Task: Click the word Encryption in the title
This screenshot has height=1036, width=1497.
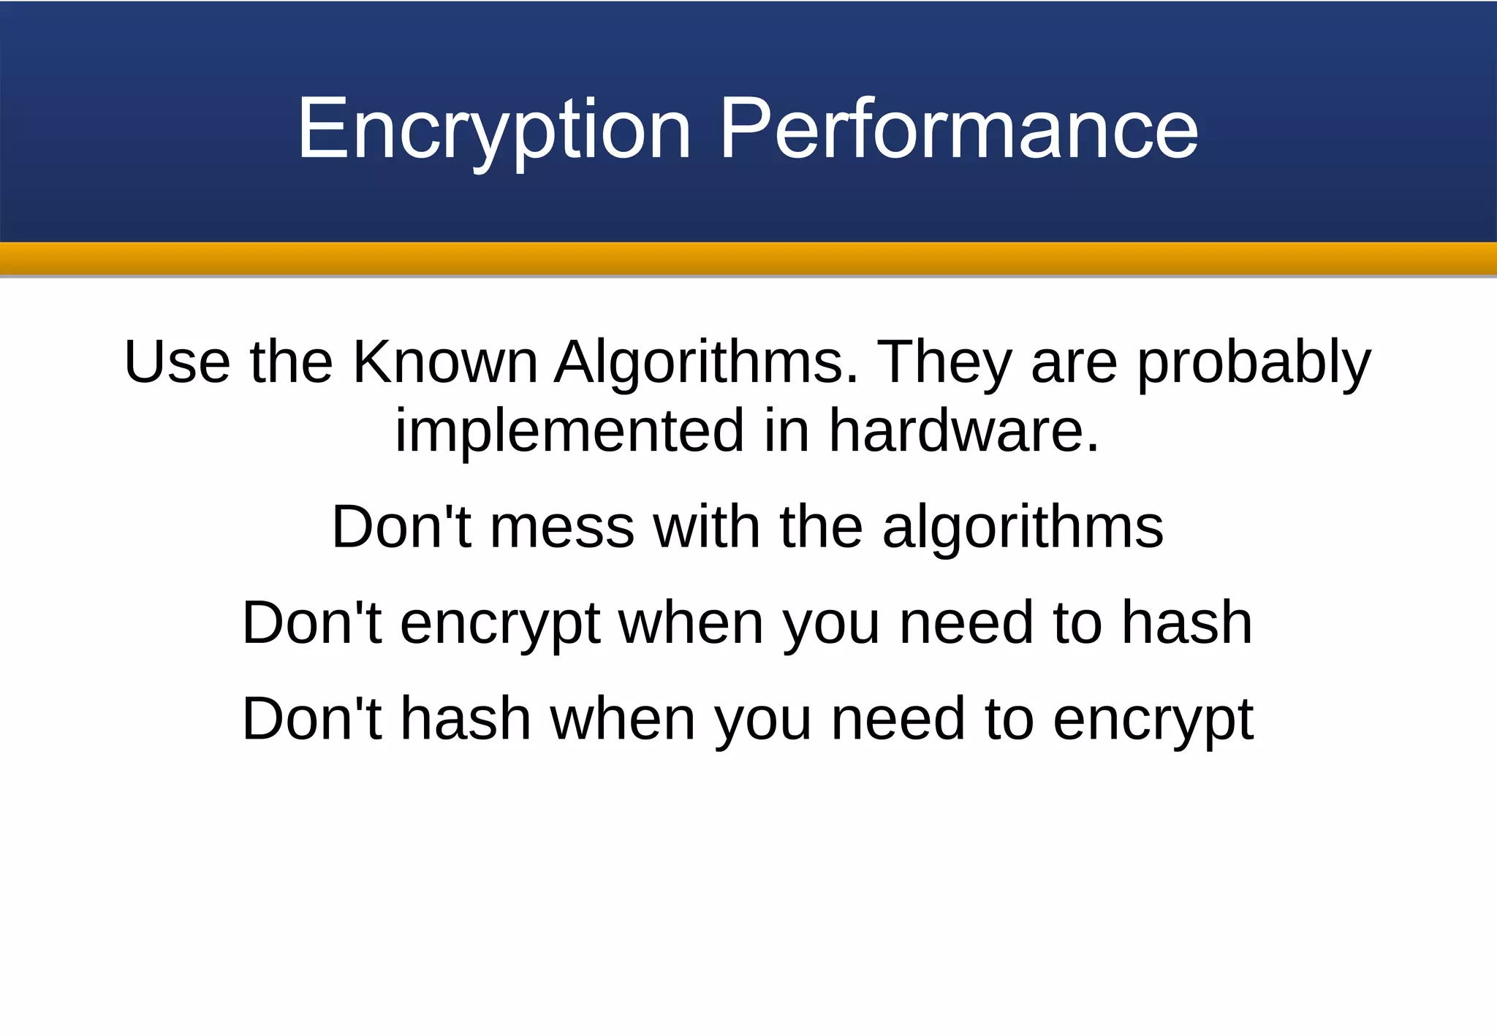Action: pos(494,130)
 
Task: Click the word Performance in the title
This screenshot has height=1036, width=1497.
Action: pos(959,130)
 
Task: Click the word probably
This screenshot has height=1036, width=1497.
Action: pos(1254,362)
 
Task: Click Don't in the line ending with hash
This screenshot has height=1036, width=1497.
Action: pos(312,622)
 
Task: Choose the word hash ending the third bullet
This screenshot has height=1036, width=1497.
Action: pos(1187,622)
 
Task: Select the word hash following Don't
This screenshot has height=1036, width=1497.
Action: pos(466,719)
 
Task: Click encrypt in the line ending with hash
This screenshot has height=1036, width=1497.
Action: pos(500,624)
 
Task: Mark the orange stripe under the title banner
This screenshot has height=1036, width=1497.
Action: pos(748,259)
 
